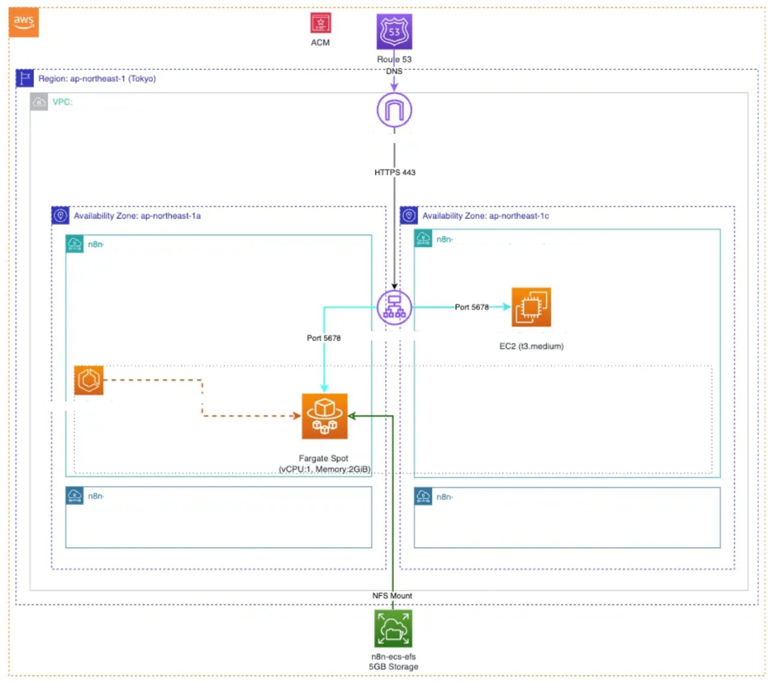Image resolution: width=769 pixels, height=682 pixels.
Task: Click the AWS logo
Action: [24, 22]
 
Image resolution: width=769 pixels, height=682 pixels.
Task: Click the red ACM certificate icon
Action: [320, 23]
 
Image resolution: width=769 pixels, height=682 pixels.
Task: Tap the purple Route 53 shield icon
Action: [394, 32]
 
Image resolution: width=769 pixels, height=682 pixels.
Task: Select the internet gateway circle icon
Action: [394, 110]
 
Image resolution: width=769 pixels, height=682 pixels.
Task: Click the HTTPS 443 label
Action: [395, 172]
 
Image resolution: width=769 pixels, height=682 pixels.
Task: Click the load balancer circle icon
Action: [394, 308]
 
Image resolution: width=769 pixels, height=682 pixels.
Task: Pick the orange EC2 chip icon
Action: [531, 307]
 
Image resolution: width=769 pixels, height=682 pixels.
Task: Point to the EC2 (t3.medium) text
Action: [531, 346]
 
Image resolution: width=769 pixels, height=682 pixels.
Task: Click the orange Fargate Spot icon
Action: [325, 416]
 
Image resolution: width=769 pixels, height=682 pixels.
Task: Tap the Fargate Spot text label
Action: [324, 459]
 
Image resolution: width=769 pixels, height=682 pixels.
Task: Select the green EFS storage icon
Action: [393, 629]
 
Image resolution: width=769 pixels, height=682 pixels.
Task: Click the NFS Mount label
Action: [392, 596]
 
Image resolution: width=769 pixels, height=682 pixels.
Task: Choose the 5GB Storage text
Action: [393, 667]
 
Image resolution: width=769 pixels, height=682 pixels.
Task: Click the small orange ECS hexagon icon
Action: [89, 380]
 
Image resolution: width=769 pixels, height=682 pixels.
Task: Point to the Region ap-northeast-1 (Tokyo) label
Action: [97, 79]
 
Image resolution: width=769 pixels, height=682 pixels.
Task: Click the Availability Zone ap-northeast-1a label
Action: [137, 216]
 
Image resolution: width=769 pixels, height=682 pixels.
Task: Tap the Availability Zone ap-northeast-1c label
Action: [486, 216]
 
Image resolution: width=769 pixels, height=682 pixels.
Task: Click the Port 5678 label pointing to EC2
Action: [472, 308]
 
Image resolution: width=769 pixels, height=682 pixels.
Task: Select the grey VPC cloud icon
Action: [39, 102]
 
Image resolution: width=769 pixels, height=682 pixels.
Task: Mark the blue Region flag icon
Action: [25, 79]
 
